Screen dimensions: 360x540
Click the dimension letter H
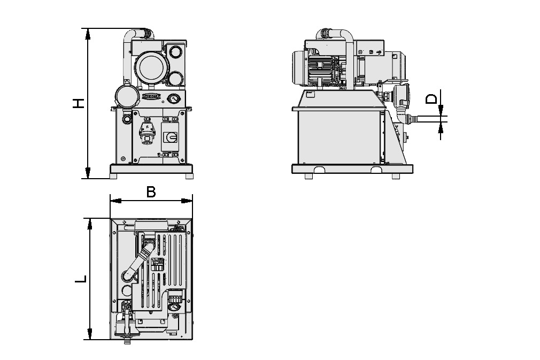click(79, 103)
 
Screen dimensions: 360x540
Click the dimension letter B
click(151, 192)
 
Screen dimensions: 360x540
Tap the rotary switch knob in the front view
click(172, 137)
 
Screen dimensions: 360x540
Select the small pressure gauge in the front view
click(173, 99)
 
